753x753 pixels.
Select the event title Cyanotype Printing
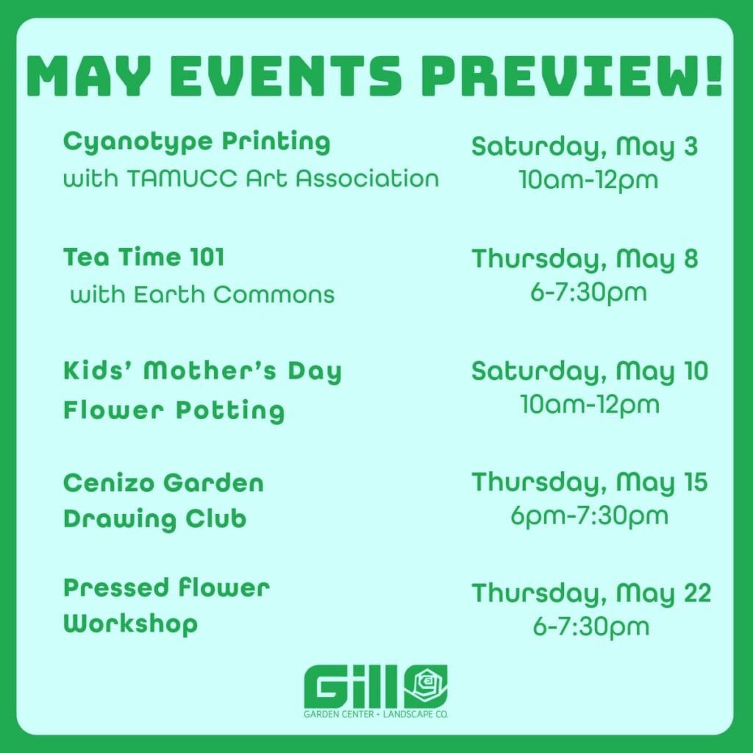tap(197, 143)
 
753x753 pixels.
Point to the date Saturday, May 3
tap(585, 146)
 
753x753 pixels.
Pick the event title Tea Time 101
tap(144, 257)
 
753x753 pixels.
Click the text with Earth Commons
tap(202, 294)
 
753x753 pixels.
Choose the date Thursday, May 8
tap(585, 259)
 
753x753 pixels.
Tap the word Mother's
tap(210, 371)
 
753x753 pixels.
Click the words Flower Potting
tap(174, 411)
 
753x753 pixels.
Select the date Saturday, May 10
tap(590, 371)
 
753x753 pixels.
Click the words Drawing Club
tap(154, 519)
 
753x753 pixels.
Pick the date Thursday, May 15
tap(590, 482)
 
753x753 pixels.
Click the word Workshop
tap(131, 624)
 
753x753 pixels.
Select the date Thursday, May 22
tap(591, 593)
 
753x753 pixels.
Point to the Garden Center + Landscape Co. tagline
tap(376, 714)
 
